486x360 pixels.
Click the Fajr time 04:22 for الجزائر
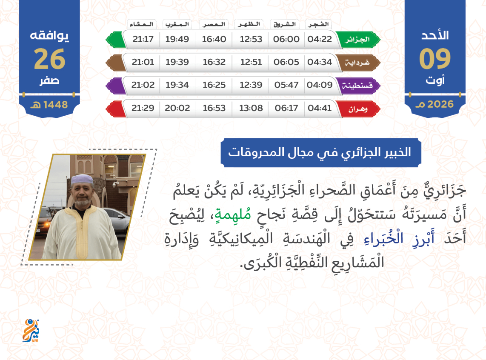320,39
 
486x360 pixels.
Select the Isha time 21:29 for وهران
143,108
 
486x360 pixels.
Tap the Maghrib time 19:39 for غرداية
177,62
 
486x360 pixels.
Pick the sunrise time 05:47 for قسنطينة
286,85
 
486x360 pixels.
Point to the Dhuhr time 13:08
251,108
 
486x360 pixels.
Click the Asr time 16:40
214,39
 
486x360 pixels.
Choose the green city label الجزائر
357,40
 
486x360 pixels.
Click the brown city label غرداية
357,63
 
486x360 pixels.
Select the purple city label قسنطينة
357,86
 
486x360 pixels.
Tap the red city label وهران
358,109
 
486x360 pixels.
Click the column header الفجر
319,24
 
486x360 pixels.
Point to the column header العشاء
142,24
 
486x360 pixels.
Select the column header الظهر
249,24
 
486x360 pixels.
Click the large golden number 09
435,59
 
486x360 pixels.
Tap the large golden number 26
50,59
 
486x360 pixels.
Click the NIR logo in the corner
31,331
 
